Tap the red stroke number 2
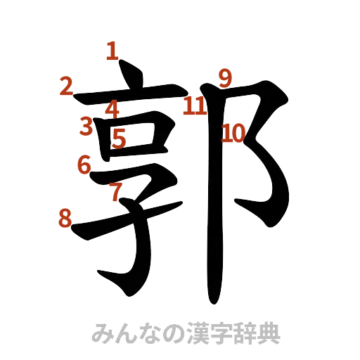[66, 86]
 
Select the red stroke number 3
[86, 127]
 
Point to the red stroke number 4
[112, 109]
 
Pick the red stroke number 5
[120, 139]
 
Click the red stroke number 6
[84, 165]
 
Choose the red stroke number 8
[65, 219]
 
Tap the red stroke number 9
[224, 77]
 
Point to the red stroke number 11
[195, 105]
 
